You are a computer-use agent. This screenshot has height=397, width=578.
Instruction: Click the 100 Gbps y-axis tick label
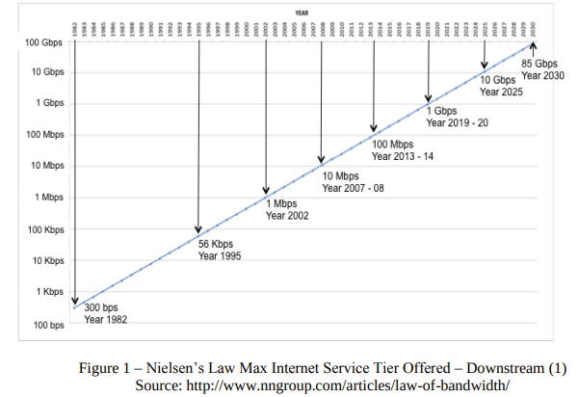pyautogui.click(x=42, y=43)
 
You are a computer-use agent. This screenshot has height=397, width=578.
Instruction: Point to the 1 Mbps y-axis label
pyautogui.click(x=45, y=198)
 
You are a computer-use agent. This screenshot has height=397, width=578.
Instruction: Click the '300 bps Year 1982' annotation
pyautogui.click(x=105, y=313)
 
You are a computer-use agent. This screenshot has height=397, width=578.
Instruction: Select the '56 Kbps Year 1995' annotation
pyautogui.click(x=220, y=251)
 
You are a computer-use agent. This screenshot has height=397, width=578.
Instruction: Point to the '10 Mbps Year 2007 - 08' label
pyautogui.click(x=353, y=182)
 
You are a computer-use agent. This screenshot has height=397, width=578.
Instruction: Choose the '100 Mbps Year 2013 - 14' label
pyautogui.click(x=403, y=150)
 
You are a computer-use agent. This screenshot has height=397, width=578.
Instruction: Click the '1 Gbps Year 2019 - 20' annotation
pyautogui.click(x=458, y=118)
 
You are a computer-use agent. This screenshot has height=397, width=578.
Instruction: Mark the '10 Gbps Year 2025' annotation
pyautogui.click(x=501, y=86)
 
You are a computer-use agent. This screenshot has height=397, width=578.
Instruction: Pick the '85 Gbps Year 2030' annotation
pyautogui.click(x=542, y=70)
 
